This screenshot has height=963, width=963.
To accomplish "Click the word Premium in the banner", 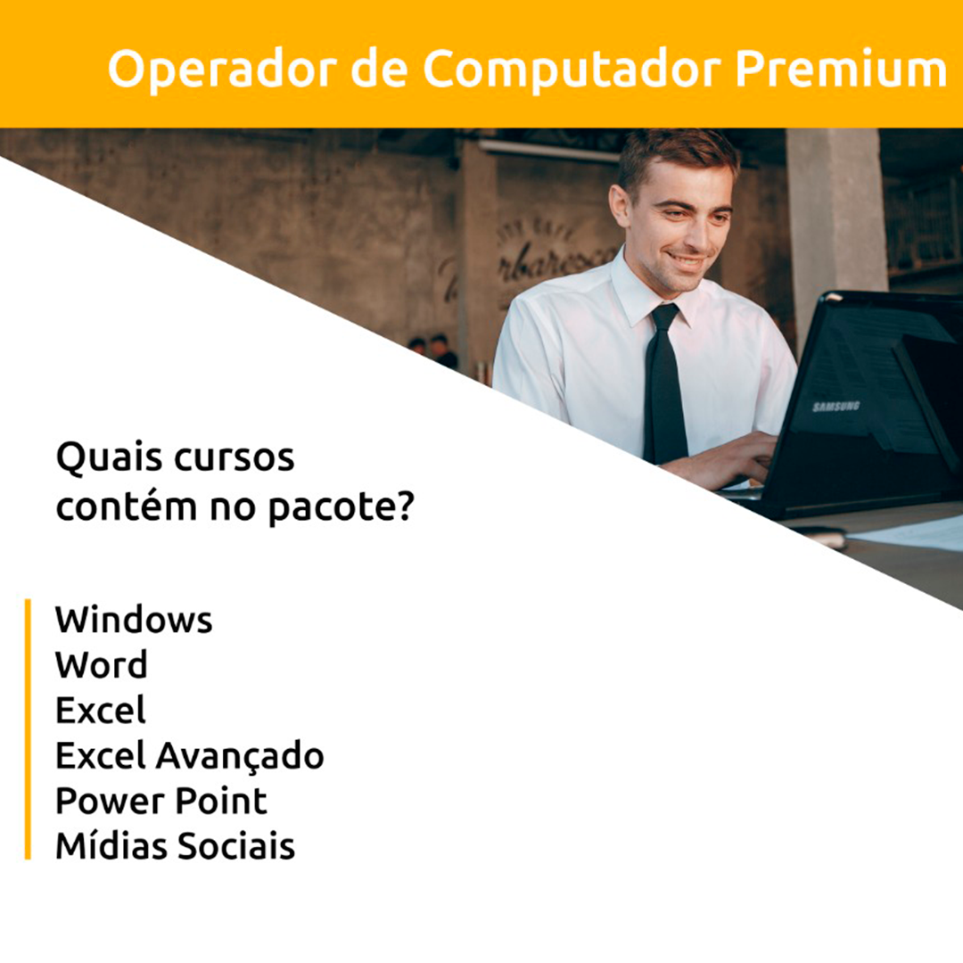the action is click(841, 69).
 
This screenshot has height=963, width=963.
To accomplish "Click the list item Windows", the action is click(134, 619).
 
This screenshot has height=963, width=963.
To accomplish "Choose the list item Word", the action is click(102, 664).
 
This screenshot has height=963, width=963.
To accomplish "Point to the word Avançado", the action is click(240, 756).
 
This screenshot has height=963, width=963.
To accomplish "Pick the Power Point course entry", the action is click(160, 801).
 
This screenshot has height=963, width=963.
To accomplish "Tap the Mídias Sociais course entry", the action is click(175, 845).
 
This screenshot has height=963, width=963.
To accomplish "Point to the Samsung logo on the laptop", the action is click(835, 406).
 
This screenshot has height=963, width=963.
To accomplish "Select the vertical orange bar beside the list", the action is click(28, 729).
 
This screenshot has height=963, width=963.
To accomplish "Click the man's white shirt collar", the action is click(645, 292).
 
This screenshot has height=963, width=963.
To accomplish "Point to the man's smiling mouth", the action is click(686, 260).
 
